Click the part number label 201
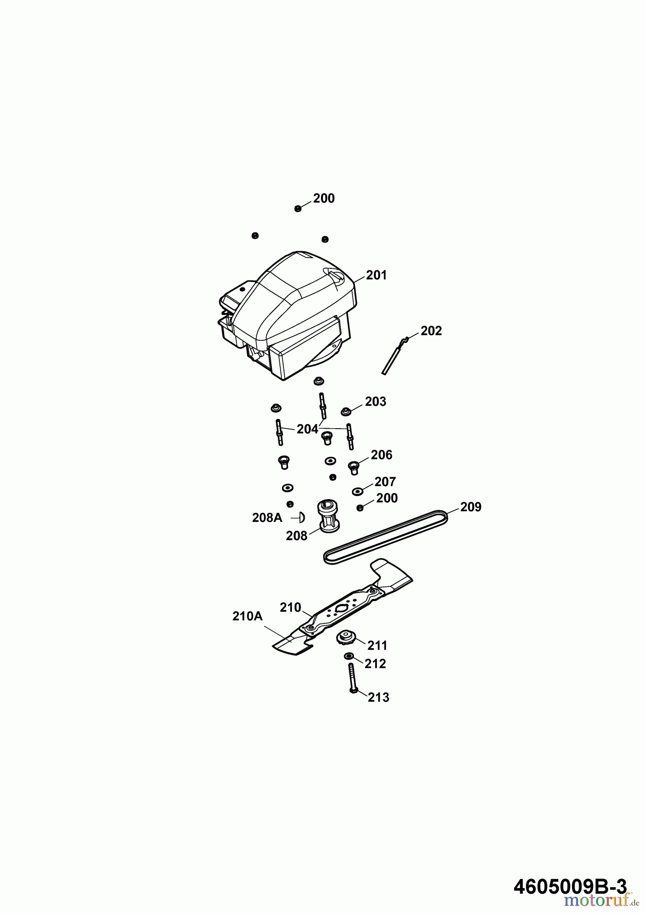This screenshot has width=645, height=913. pos(376,275)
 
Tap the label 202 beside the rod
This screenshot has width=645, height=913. pos(431,331)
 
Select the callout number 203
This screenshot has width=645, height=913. pos(375,402)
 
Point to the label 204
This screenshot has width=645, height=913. pos(307,429)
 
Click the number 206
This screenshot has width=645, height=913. pos(381,455)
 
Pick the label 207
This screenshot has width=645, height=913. pos(385,481)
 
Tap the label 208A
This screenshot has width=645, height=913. pos(267,518)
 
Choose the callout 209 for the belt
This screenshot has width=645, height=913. pos(471,507)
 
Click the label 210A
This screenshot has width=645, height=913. pos(247,616)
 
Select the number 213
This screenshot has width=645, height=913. pos(378,697)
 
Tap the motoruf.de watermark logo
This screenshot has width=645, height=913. pos(604,900)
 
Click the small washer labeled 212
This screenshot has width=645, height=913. pos(349,657)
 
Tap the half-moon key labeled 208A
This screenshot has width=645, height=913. pos(301,518)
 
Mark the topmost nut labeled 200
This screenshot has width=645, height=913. pos(298,208)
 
